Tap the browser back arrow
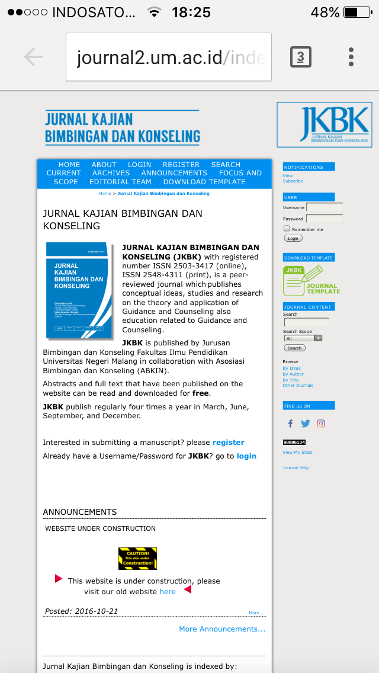click(34, 57)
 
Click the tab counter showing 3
click(300, 57)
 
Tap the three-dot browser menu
click(351, 57)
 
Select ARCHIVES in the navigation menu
click(111, 173)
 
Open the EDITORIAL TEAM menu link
click(120, 182)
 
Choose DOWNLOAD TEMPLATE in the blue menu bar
click(204, 182)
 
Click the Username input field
click(324, 208)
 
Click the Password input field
click(324, 219)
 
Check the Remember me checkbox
click(287, 229)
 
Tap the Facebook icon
click(290, 424)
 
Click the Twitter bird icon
click(306, 424)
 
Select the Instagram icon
click(321, 424)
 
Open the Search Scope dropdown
click(303, 338)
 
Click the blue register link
click(228, 443)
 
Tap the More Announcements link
click(222, 629)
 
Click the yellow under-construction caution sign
click(137, 559)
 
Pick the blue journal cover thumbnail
click(79, 290)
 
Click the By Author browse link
click(293, 374)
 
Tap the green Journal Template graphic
click(311, 281)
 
